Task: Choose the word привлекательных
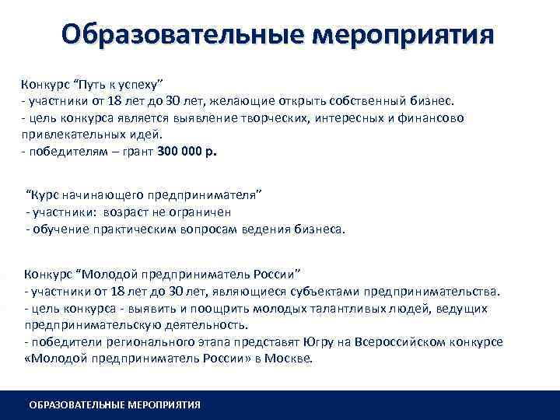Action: pos(68,134)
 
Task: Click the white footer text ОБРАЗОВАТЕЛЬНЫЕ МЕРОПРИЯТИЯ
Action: pos(114,404)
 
